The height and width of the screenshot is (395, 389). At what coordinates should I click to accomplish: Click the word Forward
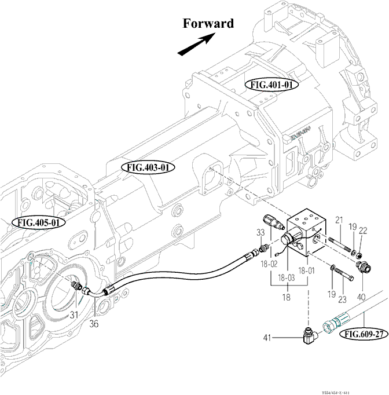pos(208,24)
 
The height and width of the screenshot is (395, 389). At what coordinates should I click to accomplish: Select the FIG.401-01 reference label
pos(274,85)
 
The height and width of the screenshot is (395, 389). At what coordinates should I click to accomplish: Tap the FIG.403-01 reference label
pos(149,167)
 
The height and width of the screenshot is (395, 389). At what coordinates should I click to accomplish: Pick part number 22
pos(363,230)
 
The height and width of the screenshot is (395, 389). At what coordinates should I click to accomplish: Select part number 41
pos(267,337)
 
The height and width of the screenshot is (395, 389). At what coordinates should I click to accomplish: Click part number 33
pos(260,233)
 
